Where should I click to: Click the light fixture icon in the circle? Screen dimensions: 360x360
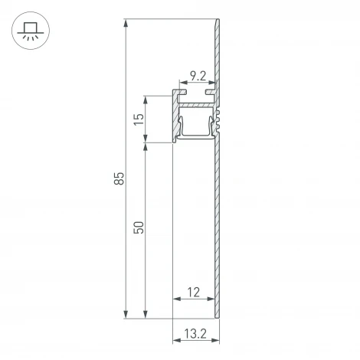[x=30, y=32]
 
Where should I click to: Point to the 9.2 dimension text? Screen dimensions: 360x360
[x=197, y=76]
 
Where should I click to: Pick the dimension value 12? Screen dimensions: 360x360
[x=192, y=291]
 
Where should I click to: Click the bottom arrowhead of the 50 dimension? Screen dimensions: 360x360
[x=146, y=315]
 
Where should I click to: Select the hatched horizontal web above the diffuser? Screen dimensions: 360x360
[x=195, y=102]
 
